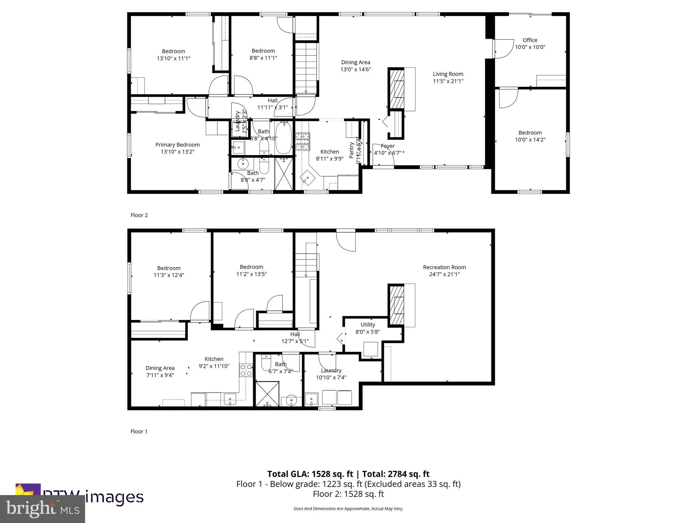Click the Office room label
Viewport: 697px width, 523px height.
530,40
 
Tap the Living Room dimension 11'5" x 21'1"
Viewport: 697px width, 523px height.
448,81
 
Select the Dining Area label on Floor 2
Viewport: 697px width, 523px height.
355,62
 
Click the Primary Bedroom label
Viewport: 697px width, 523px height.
177,145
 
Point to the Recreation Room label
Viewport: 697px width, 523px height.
444,267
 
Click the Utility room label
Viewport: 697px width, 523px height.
368,324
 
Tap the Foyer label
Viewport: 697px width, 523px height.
388,146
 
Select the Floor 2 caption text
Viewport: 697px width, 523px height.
139,215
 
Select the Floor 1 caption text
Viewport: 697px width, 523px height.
139,431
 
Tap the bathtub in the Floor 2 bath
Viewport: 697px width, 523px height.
283,138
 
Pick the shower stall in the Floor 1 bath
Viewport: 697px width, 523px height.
267,394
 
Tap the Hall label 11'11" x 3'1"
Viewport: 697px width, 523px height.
272,107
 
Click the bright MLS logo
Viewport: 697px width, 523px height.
43,509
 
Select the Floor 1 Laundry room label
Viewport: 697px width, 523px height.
331,370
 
